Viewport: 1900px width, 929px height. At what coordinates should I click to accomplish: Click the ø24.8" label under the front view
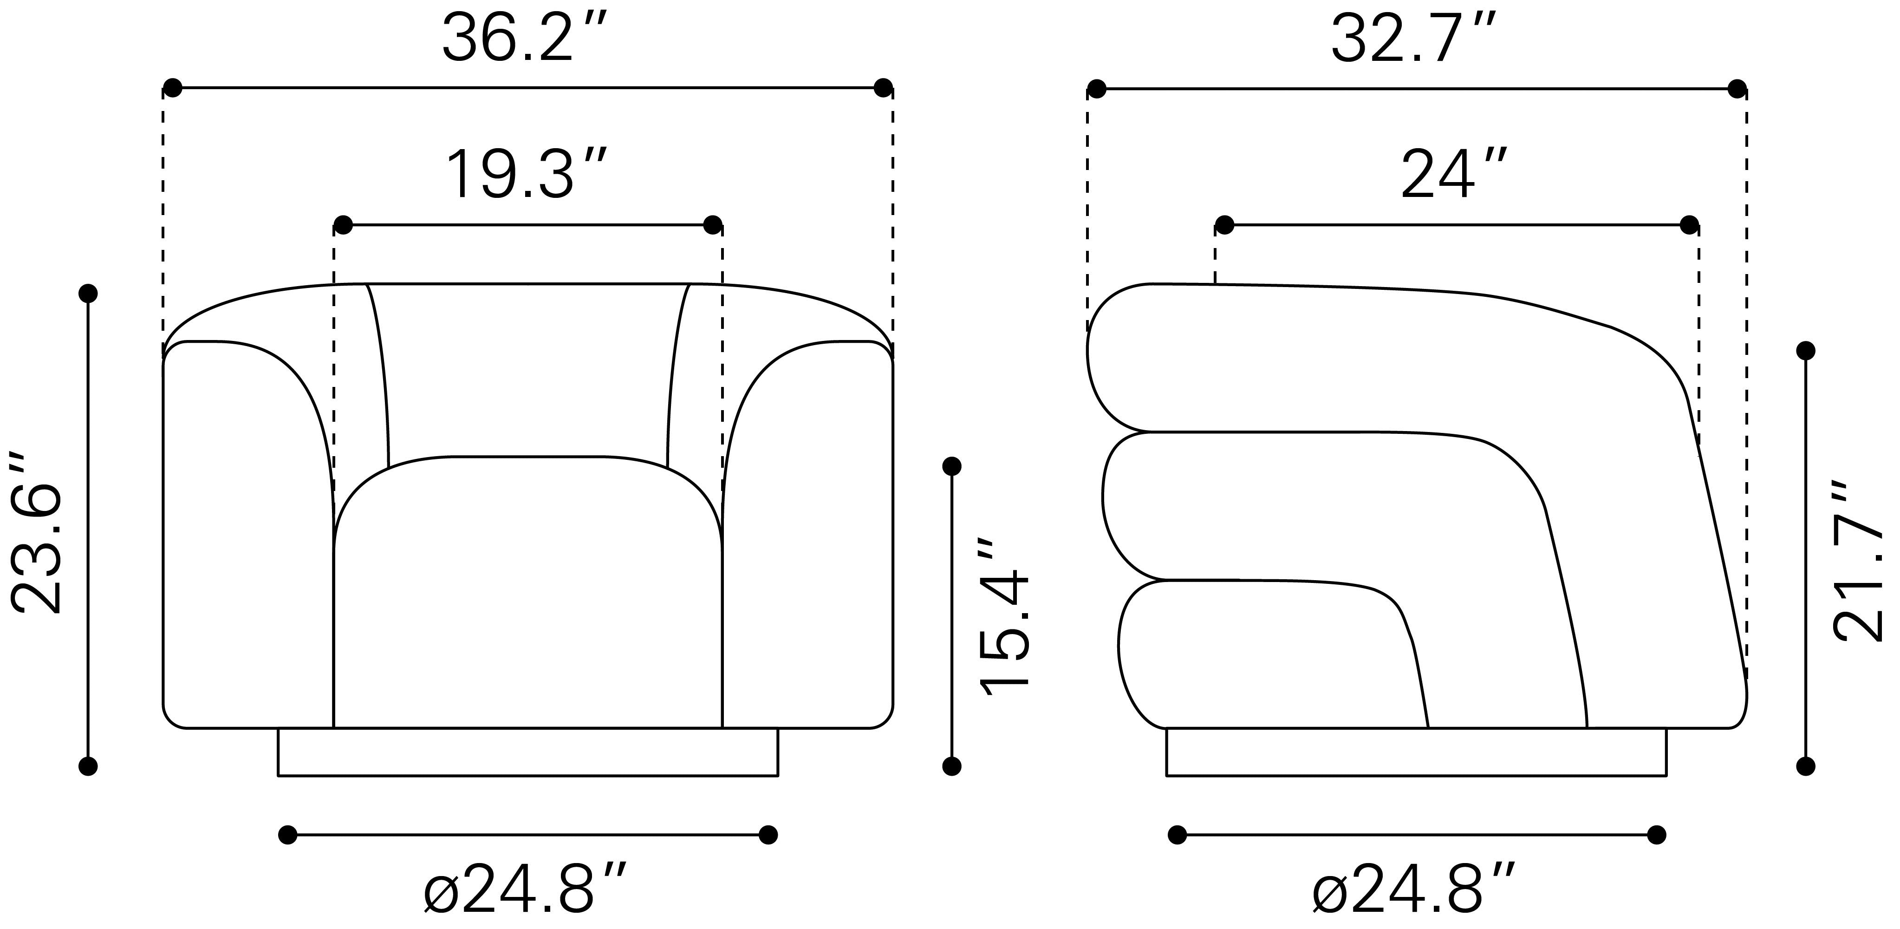click(526, 890)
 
